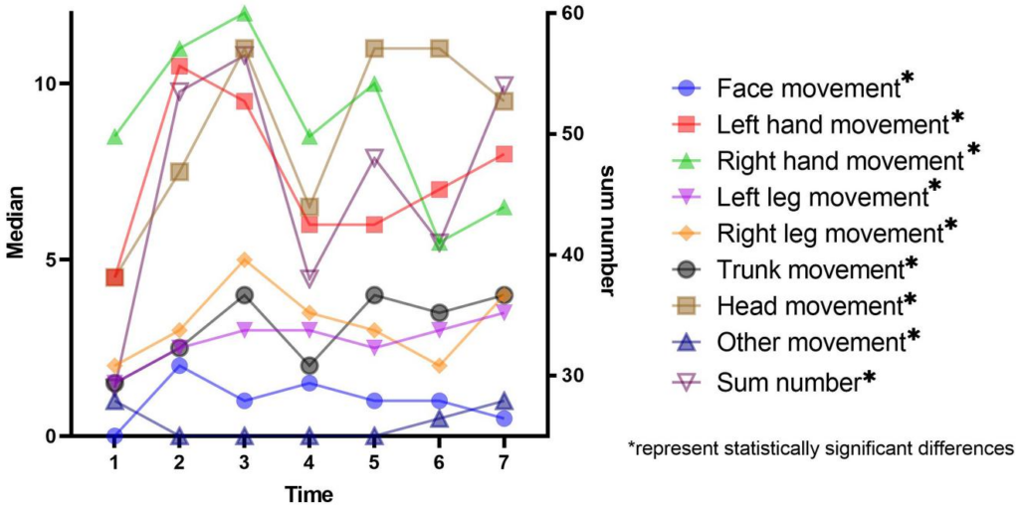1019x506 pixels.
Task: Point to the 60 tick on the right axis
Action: [571, 14]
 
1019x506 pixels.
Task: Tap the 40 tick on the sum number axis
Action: [571, 254]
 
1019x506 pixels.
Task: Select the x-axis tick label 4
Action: [309, 463]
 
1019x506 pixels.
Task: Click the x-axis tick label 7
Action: [505, 463]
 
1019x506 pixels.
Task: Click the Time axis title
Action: [308, 493]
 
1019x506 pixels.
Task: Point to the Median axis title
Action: [17, 223]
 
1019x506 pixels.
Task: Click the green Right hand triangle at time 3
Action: [245, 14]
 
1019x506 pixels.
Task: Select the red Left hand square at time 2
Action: [180, 67]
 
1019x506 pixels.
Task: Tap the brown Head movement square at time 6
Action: [439, 49]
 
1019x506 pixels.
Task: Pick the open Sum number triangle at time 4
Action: [309, 277]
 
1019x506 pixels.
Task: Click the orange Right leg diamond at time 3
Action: [245, 260]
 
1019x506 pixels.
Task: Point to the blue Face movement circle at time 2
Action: [180, 366]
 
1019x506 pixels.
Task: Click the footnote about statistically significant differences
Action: [820, 448]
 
